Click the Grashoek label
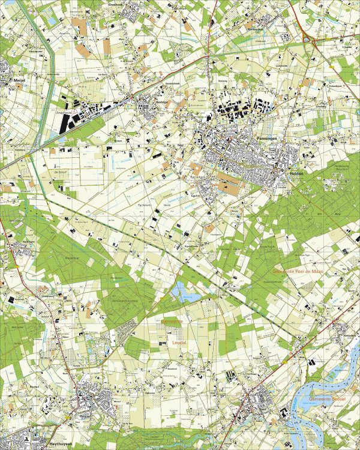click(x=115, y=3)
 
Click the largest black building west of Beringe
click(x=67, y=122)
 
